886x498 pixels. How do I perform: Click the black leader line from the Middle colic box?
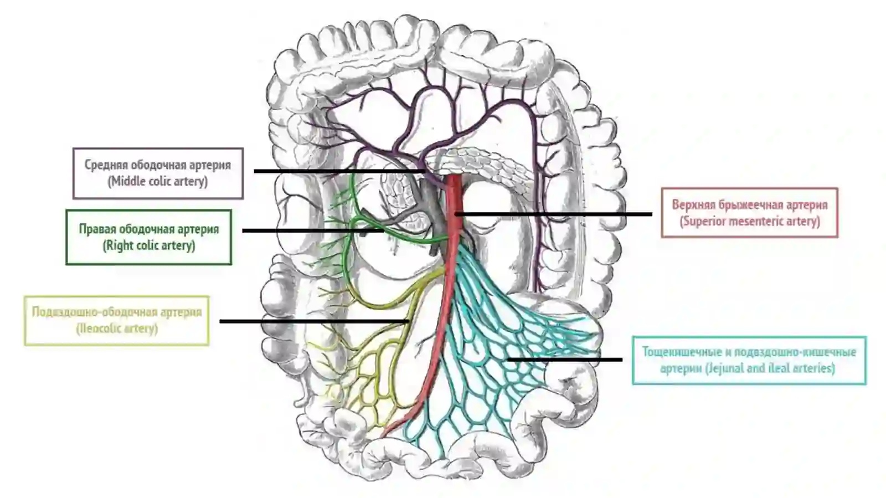tap(340, 171)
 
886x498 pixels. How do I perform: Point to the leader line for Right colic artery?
tap(313, 230)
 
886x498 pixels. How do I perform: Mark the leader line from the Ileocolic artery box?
tap(315, 321)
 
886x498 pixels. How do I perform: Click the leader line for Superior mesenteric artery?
tap(553, 214)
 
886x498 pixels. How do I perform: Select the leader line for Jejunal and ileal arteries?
tap(565, 360)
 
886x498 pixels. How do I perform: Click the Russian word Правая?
tap(97, 229)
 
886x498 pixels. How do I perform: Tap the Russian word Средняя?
tap(106, 165)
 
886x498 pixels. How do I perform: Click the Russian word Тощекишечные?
tap(681, 352)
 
